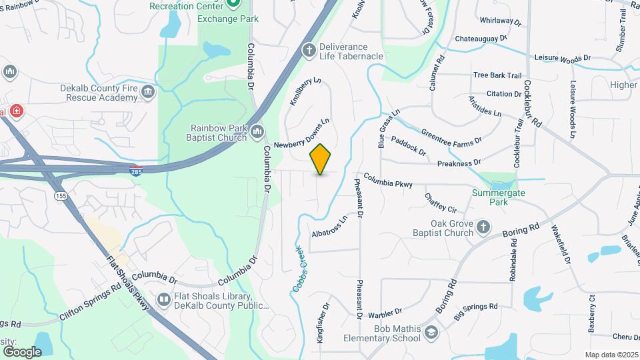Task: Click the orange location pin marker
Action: pyautogui.click(x=321, y=159)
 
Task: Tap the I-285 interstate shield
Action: pyautogui.click(x=135, y=171)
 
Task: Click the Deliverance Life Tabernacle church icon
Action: pyautogui.click(x=309, y=49)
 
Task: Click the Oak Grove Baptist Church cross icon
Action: pyautogui.click(x=484, y=229)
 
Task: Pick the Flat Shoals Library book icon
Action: pyautogui.click(x=164, y=301)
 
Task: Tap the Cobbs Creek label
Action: pyautogui.click(x=298, y=269)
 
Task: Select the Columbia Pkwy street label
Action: pyautogui.click(x=388, y=181)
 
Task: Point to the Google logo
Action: pyautogui.click(x=22, y=351)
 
